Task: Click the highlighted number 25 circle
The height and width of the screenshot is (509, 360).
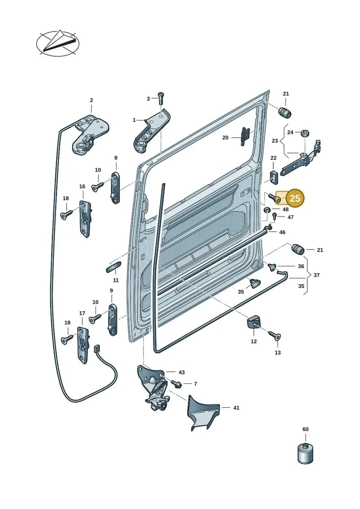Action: [x=295, y=198]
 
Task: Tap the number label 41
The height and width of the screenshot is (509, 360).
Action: [x=236, y=407]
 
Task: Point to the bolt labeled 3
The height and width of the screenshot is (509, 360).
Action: [x=161, y=98]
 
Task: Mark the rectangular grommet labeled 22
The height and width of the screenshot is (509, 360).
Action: [x=273, y=176]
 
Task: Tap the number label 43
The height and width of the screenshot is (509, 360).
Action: [x=181, y=372]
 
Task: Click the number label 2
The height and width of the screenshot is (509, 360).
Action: [x=91, y=100]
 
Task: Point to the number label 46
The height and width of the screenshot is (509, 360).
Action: [x=282, y=232]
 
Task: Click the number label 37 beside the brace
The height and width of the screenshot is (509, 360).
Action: [x=316, y=275]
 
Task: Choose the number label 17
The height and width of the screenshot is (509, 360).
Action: [x=82, y=313]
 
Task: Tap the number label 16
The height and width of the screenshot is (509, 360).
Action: [x=82, y=186]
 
